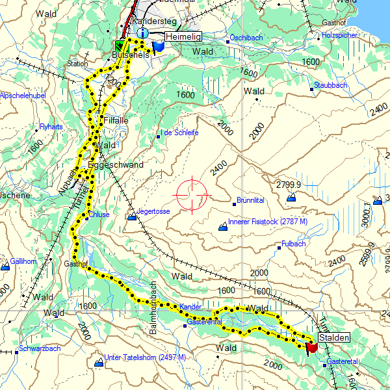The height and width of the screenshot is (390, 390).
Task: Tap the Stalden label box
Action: [x=333, y=337]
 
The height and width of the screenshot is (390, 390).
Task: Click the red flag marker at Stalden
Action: [x=311, y=347]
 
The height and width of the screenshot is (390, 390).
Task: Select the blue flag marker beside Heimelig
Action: [x=158, y=47]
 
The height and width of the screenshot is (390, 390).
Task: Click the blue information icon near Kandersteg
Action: [x=143, y=32]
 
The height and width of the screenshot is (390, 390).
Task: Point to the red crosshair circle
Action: [x=192, y=194]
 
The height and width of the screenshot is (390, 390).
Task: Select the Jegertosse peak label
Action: [x=153, y=212]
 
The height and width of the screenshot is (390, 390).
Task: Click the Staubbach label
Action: [x=331, y=85]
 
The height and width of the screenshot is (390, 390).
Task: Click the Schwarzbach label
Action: [x=40, y=348]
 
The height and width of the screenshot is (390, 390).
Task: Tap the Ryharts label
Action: [x=51, y=126]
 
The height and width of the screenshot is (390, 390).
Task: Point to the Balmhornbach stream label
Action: [x=155, y=308]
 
